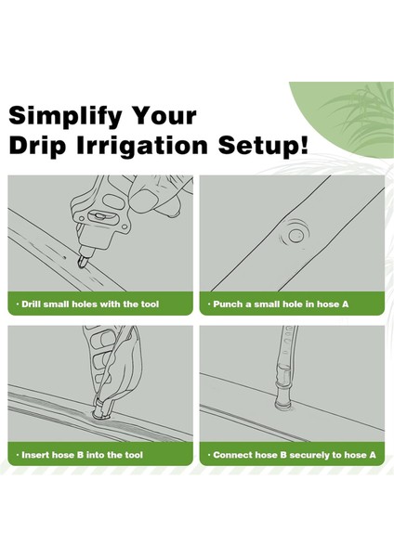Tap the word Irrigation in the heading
pyautogui.click(x=142, y=146)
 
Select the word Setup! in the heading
pyautogui.click(x=263, y=146)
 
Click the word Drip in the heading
pyautogui.click(x=37, y=146)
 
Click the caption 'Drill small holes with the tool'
pyautogui.click(x=90, y=304)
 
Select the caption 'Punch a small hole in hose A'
pyautogui.click(x=281, y=304)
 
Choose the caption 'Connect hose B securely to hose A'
pyautogui.click(x=295, y=455)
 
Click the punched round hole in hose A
pyautogui.click(x=295, y=235)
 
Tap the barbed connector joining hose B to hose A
pyautogui.click(x=282, y=393)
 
